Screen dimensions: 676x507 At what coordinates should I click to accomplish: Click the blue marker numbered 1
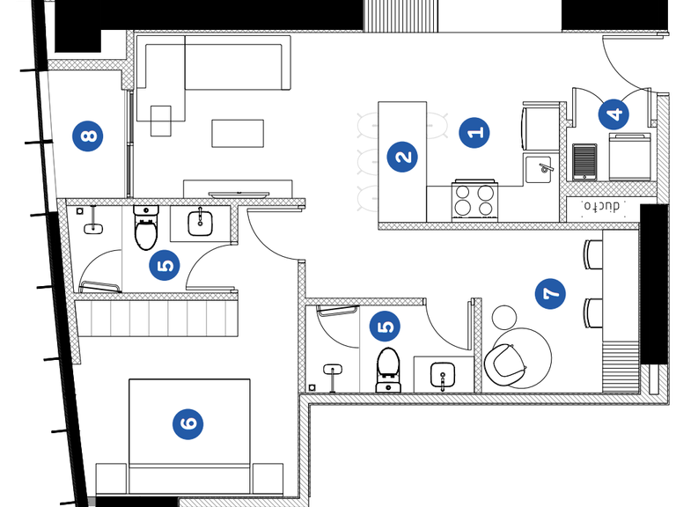[x=474, y=133]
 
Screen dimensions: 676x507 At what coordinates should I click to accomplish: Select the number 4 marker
[x=614, y=114]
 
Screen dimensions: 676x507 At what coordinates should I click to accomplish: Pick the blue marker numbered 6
[x=187, y=424]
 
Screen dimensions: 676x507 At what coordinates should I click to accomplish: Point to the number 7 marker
[x=551, y=293]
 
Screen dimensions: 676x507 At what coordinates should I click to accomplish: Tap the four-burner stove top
[x=475, y=200]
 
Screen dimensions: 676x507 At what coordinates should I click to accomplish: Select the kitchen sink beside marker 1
[x=539, y=167]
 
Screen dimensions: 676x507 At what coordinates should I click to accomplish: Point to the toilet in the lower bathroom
[x=387, y=371]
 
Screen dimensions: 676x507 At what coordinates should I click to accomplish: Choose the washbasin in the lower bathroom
[x=444, y=377]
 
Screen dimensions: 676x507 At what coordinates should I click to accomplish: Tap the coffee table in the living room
[x=238, y=133]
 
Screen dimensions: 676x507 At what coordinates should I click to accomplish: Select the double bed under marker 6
[x=189, y=436]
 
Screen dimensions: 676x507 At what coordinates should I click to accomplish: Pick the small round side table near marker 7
[x=505, y=317]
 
